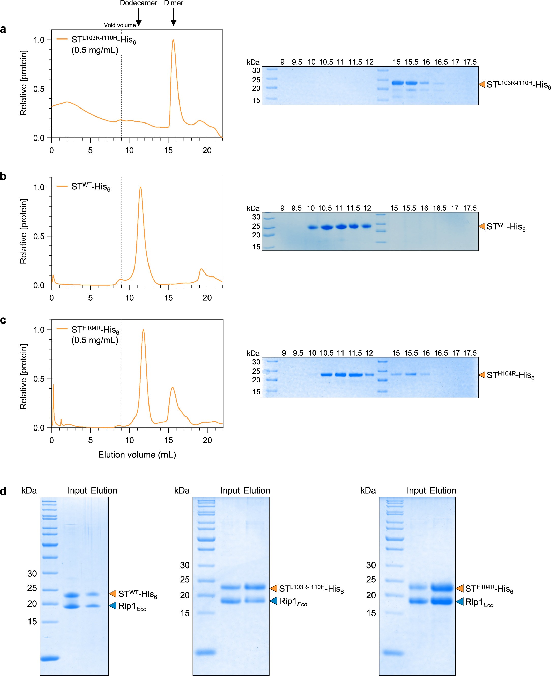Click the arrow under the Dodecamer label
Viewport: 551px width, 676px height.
pos(139,18)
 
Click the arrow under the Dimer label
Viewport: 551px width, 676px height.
pos(173,18)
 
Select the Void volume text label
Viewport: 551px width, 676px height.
pos(120,25)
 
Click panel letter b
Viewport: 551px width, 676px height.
pos(3,176)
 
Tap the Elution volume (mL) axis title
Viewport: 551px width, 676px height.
pos(137,455)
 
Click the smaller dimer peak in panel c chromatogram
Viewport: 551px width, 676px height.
pos(172,387)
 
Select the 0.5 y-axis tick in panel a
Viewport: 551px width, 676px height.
pos(39,89)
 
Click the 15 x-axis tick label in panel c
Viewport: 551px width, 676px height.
pos(169,440)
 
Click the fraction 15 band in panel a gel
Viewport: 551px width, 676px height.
pos(397,83)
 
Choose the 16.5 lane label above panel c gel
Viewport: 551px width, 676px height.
pos(441,353)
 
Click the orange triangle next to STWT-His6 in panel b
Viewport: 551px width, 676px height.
pos(482,226)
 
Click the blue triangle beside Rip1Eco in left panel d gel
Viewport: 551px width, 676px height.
pos(113,606)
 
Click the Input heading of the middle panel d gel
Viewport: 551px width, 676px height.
pos(230,491)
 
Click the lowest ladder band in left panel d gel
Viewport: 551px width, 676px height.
pos(50,658)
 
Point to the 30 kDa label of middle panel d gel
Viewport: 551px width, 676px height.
pos(185,565)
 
